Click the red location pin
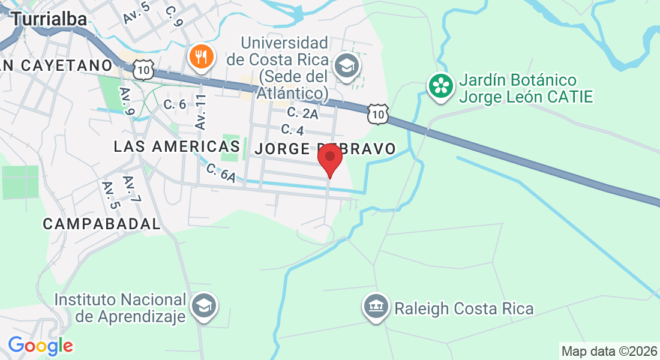coord(329,158)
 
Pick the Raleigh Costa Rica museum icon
coord(376,308)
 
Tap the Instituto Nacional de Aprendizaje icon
coord(205,306)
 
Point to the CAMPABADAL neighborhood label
coord(102,224)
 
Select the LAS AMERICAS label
coord(176,146)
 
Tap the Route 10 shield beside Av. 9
coord(144,70)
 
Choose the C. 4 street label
coord(292,130)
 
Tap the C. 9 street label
coord(173,16)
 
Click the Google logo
coord(40,346)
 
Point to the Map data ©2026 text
coord(609,351)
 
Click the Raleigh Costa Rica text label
coord(464,308)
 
